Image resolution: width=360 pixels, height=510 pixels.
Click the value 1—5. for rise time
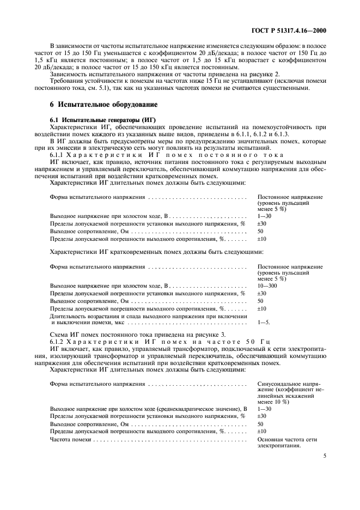point(264,322)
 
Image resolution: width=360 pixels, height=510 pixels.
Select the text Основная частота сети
point(287,439)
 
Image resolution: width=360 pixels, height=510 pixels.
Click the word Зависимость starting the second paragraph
point(66,73)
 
